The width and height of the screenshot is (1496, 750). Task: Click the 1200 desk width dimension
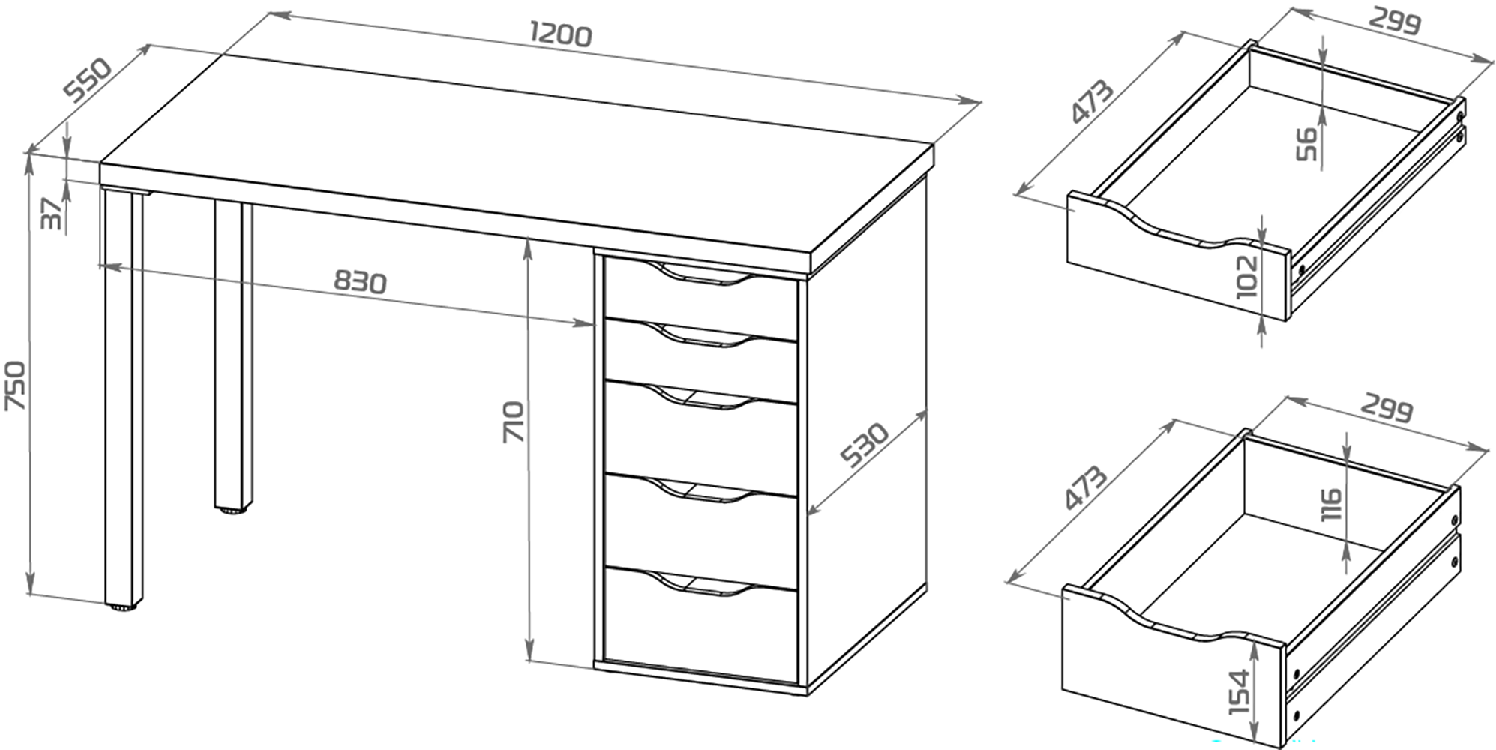click(561, 34)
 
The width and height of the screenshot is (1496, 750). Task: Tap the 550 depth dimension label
click(88, 78)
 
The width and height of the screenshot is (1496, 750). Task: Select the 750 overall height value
click(16, 385)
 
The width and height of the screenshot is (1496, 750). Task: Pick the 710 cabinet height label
click(514, 421)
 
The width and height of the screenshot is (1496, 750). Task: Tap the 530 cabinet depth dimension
click(864, 444)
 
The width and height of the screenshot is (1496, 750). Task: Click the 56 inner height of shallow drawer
click(1306, 144)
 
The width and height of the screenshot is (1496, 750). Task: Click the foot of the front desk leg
click(123, 607)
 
